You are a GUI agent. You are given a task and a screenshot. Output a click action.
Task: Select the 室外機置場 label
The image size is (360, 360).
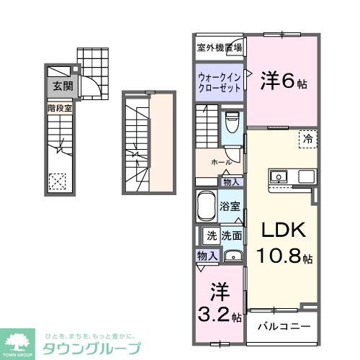220,48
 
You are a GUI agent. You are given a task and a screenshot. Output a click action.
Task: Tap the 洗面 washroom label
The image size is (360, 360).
231,234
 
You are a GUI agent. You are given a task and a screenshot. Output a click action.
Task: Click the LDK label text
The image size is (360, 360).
283,230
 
